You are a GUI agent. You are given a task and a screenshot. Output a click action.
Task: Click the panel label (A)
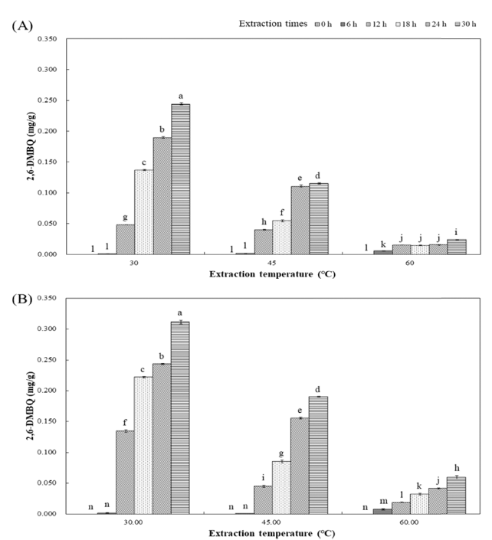(x=21, y=25)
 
